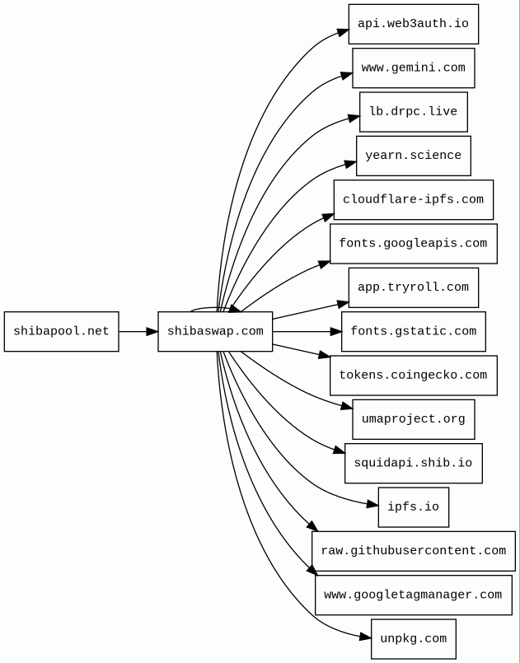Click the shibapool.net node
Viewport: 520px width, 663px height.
tap(61, 331)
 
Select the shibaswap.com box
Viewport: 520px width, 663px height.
tap(215, 331)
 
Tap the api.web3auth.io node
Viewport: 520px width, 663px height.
tap(414, 24)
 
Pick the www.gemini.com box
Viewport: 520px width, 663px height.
tap(414, 68)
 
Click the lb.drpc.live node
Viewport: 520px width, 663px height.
tap(414, 112)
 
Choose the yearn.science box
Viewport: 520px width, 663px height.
tap(414, 156)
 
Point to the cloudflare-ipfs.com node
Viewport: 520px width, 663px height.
tap(414, 200)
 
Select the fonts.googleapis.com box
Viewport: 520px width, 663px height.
tap(414, 244)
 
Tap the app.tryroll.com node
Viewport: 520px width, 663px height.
tap(414, 287)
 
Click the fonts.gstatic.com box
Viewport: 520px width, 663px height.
tap(414, 331)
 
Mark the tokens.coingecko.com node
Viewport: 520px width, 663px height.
tap(414, 376)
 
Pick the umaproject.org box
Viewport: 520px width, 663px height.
tap(414, 419)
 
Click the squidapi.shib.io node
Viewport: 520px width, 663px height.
tap(414, 464)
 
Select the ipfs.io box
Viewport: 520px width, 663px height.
tap(414, 507)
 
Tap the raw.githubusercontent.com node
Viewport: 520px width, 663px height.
tap(414, 551)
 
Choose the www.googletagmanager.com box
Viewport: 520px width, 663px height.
tap(414, 595)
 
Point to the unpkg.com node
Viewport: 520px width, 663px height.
tap(414, 639)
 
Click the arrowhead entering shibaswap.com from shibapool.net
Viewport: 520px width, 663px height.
tap(152, 331)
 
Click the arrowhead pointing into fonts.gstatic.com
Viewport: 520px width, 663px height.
tap(336, 331)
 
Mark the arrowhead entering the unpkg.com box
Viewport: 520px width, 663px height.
tap(366, 637)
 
